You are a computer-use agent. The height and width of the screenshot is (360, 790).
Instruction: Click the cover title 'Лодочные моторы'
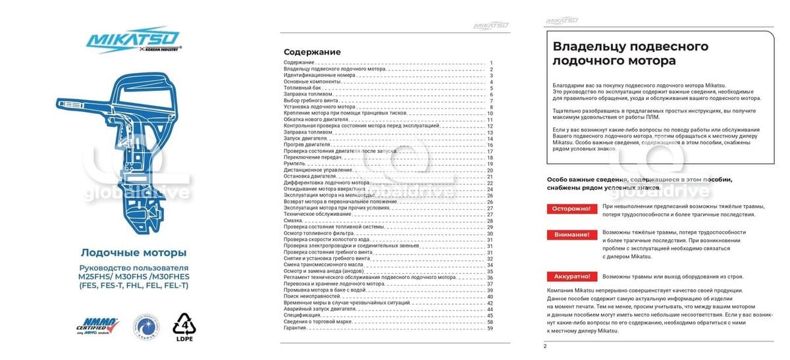pos(133,253)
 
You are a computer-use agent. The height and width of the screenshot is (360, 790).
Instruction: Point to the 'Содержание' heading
pos(312,52)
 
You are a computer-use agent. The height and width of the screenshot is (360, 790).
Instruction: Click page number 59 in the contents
pos(490,328)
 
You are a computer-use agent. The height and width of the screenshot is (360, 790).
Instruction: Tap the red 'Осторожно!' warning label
pos(570,209)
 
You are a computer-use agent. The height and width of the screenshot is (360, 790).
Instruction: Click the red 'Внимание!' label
pos(570,234)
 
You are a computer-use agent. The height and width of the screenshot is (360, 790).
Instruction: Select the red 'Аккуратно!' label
pos(570,277)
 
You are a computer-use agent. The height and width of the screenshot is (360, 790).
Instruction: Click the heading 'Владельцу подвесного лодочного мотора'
pos(630,53)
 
